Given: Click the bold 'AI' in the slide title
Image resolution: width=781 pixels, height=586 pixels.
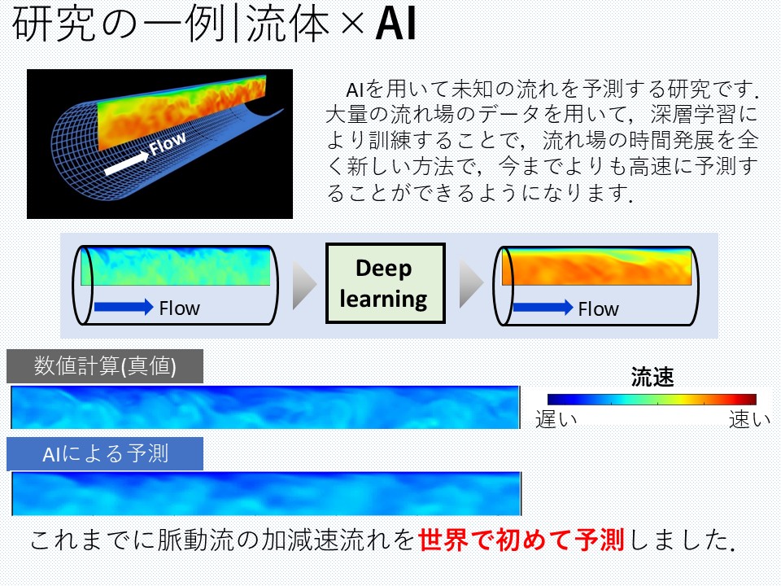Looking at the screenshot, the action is coord(395,23).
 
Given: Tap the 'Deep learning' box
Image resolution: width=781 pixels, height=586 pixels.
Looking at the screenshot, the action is coord(385,283).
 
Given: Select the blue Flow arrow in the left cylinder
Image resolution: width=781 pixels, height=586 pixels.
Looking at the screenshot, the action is coord(124,307).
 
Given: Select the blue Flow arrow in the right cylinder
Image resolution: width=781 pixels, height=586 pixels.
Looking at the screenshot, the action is coord(543,307).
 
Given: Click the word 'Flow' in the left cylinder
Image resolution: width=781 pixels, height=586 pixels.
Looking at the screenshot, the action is coord(179,308).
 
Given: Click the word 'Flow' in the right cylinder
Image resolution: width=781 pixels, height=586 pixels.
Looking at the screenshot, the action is coord(598,309).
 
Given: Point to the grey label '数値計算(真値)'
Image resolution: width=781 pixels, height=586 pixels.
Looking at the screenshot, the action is coord(105,366).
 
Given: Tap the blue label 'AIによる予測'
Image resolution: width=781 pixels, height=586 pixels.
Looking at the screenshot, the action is coord(105,454).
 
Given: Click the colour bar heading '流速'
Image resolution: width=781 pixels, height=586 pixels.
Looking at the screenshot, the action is coord(652,377).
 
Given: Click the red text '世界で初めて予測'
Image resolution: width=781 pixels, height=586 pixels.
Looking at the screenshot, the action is coord(521,540).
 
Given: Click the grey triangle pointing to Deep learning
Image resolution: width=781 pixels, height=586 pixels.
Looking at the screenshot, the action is coord(303,285).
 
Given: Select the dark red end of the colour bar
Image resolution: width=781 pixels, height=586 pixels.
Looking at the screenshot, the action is coord(750,399).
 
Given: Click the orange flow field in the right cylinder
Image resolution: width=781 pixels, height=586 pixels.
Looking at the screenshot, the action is coord(596,267).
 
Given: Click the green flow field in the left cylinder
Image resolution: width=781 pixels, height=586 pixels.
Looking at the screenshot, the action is coord(176,266).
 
